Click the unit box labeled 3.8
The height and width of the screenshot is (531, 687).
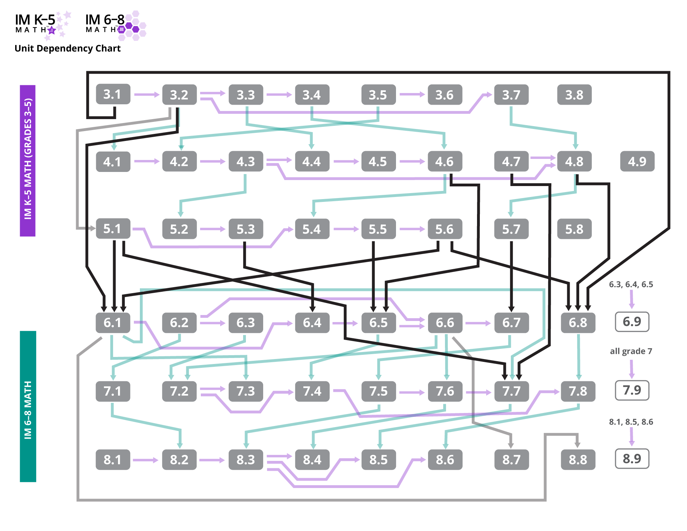tap(574, 95)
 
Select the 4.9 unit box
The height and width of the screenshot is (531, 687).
tap(637, 161)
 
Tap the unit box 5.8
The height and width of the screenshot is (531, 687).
tap(574, 229)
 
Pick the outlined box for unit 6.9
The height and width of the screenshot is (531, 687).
tap(632, 322)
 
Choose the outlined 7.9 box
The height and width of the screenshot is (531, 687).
tap(632, 390)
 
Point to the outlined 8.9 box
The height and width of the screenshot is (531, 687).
tap(632, 459)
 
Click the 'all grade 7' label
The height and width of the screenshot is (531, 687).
tap(631, 351)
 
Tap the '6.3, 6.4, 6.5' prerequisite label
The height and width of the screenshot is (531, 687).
tap(631, 284)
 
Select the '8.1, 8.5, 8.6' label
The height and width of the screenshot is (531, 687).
tap(631, 422)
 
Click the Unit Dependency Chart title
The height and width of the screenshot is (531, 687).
tap(67, 48)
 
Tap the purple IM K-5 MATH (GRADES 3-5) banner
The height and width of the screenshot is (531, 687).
tap(27, 161)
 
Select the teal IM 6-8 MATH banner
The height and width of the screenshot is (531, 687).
tap(28, 406)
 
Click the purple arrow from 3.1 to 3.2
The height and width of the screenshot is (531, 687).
tap(146, 94)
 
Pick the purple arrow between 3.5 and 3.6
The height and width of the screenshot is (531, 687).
tap(412, 94)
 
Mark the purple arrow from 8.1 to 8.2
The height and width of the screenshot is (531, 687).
tap(146, 460)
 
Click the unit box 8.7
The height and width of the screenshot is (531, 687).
tap(511, 459)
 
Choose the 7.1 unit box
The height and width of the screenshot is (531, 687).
tap(113, 391)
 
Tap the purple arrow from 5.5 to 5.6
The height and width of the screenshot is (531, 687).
tap(412, 229)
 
